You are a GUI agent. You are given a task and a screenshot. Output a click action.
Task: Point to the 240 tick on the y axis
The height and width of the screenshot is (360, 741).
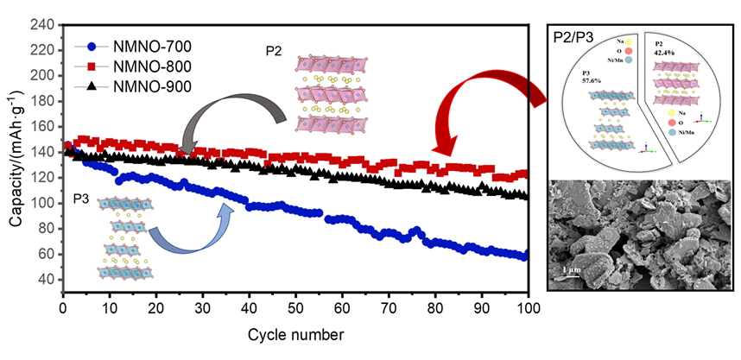click(x=44, y=24)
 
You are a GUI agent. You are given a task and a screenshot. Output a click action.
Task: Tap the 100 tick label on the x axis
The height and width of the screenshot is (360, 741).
click(x=527, y=309)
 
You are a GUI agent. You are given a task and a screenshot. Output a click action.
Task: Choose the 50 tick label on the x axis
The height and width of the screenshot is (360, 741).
click(x=295, y=309)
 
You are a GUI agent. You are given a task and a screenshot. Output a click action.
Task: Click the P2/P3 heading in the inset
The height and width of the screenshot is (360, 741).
click(x=574, y=37)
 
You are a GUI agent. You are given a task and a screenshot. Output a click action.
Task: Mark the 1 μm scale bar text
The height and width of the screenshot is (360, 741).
click(x=570, y=271)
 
